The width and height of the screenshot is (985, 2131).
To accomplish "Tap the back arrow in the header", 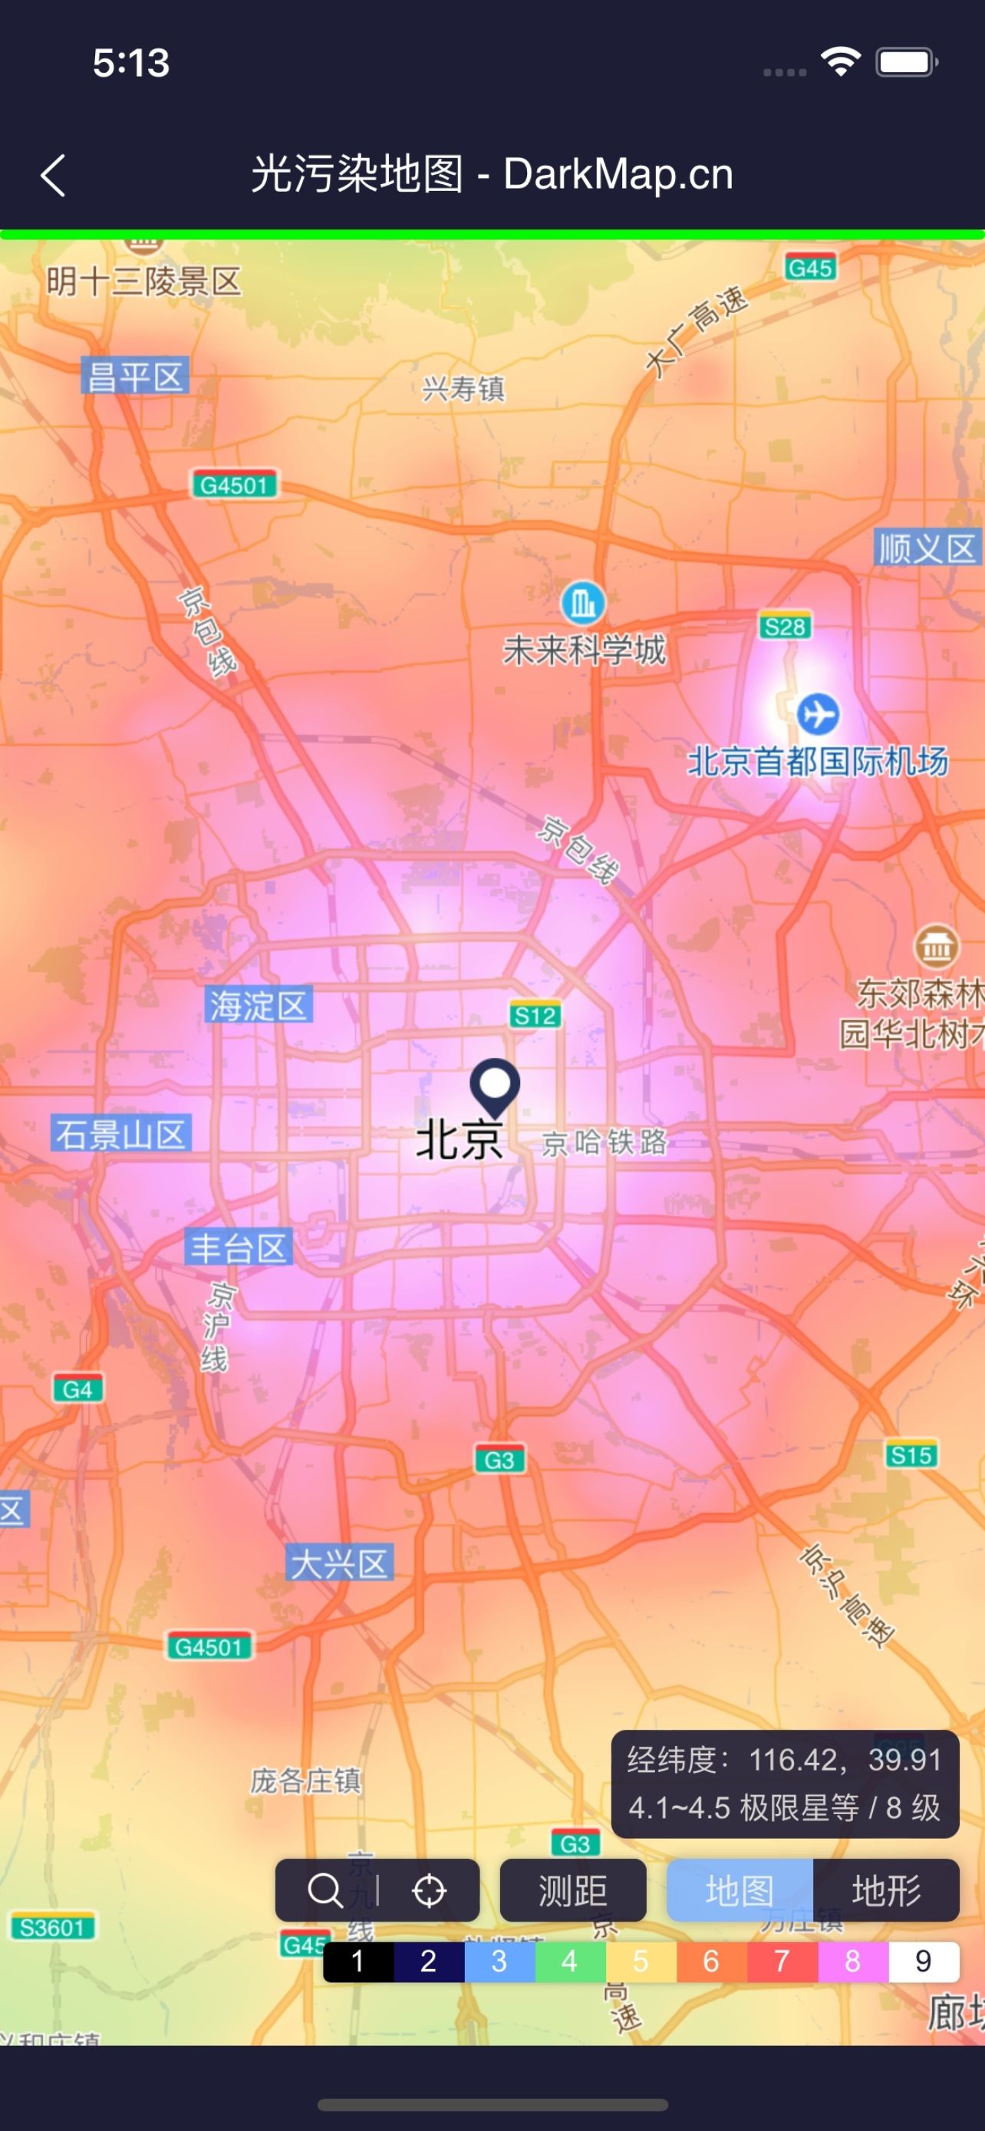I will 54,176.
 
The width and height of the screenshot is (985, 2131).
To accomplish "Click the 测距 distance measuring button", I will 572,1890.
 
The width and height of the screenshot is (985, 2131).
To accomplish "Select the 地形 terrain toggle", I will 886,1890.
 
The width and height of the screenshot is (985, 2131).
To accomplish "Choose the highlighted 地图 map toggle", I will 740,1890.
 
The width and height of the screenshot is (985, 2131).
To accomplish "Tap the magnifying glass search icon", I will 325,1890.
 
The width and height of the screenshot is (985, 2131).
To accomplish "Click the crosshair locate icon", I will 430,1890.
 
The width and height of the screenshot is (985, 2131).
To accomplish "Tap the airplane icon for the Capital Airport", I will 818,714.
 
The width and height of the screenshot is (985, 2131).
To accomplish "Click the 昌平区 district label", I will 135,377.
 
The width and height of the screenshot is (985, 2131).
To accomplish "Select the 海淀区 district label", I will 258,1005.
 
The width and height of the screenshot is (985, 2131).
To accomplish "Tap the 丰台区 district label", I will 238,1247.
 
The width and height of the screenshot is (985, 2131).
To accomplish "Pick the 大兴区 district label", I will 339,1563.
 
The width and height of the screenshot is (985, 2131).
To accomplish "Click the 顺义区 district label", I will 927,548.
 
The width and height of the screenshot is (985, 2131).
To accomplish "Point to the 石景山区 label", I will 120,1133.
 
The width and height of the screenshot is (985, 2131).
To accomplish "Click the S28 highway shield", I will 784,626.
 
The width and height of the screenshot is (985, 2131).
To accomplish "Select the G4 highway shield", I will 77,1389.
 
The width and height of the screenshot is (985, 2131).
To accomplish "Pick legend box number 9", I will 924,1961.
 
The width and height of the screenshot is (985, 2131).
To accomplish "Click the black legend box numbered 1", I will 357,1961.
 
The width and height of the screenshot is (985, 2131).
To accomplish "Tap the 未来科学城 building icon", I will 583,602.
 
